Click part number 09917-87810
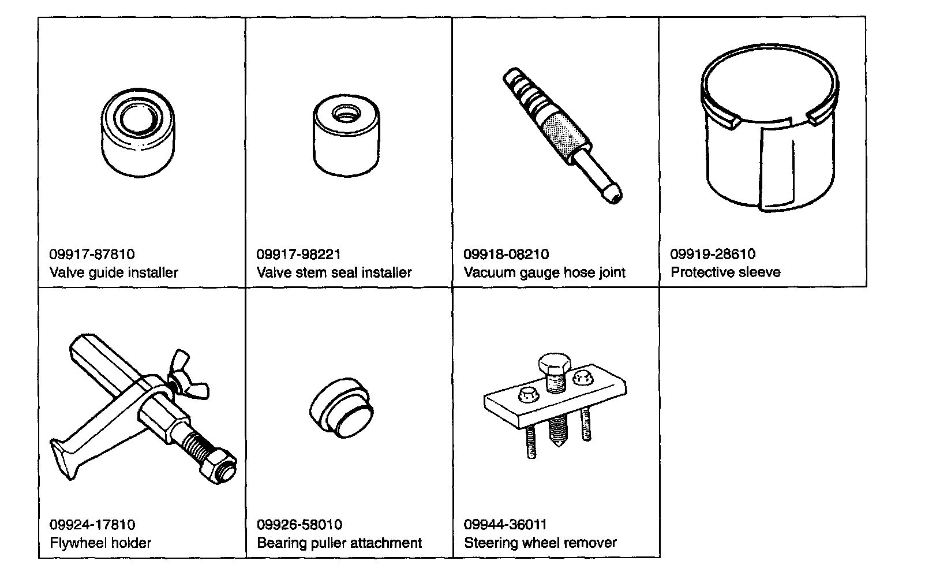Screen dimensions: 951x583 coord(92,255)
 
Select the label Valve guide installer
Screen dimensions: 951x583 coord(114,272)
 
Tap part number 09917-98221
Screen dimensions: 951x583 coord(298,255)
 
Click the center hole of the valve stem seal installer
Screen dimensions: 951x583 coord(346,113)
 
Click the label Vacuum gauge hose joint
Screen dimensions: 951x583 coord(544,272)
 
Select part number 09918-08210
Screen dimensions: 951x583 coord(506,255)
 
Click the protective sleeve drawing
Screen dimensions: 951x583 coord(769,128)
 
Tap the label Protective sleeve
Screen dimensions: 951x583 coord(725,272)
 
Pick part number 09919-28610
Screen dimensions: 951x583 coord(713,255)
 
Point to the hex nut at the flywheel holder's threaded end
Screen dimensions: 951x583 coord(218,466)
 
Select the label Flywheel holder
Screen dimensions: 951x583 coord(100,543)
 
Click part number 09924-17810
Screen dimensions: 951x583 coord(92,525)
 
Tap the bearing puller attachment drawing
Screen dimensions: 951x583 coord(341,408)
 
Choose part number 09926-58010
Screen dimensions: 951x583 coord(299,525)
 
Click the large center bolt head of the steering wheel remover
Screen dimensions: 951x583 coord(555,364)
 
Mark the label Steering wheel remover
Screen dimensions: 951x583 coord(540,543)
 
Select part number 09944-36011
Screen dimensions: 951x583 coord(506,525)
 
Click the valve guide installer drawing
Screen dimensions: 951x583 coord(138,133)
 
